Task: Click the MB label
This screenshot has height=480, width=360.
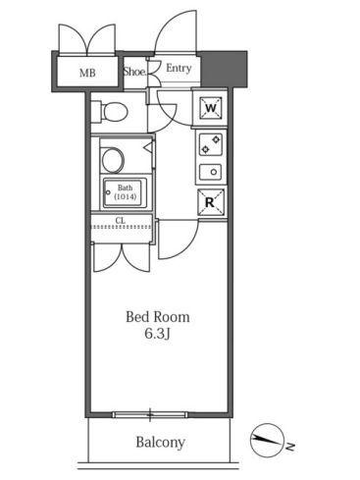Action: [x=87, y=73]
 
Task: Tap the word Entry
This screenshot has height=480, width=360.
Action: [x=179, y=69]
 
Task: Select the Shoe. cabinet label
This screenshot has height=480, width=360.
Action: [x=134, y=72]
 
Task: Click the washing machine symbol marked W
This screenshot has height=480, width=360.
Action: [x=211, y=108]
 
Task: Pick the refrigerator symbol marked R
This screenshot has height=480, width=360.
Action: [x=211, y=202]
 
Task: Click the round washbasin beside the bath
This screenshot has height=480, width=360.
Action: [x=113, y=160]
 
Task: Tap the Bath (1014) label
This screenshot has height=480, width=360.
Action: [x=126, y=192]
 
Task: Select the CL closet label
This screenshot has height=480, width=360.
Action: [x=121, y=221]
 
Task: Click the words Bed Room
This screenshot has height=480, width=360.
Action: [x=158, y=317]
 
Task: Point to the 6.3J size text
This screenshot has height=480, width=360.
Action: [x=158, y=334]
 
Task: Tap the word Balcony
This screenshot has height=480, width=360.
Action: [x=160, y=443]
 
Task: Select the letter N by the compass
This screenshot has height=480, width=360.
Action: [x=289, y=447]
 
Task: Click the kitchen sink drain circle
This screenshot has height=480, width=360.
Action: [x=214, y=172]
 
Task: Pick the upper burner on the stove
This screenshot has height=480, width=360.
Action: [x=216, y=140]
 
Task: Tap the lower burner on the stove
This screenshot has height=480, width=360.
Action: [x=205, y=149]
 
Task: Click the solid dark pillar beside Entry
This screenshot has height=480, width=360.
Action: [x=224, y=69]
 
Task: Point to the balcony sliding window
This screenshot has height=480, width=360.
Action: [x=150, y=415]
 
